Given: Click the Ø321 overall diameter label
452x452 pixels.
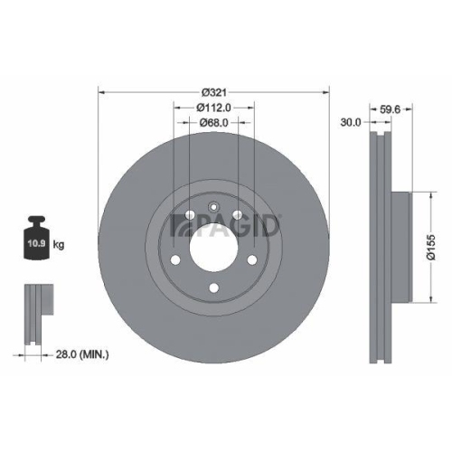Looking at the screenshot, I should pos(213,91).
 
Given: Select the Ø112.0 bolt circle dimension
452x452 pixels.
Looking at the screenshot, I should pos(213,107).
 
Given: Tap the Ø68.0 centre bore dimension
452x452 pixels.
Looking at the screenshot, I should pos(213,122).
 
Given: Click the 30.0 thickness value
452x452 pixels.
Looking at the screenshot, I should pos(351,121).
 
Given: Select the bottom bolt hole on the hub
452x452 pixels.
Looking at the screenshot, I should pos(213,289).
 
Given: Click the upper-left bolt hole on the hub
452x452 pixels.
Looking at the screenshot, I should pos(189,214).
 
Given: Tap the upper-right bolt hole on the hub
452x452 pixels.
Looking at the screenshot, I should pos(237,214).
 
